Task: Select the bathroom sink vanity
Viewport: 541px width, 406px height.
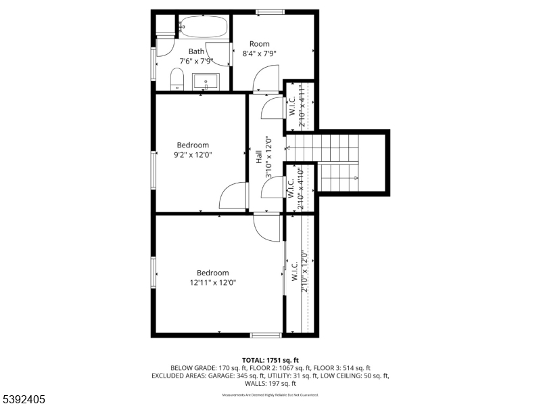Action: tap(205, 83)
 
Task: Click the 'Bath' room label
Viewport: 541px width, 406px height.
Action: tap(196, 51)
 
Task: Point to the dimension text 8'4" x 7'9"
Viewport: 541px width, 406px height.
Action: tap(260, 53)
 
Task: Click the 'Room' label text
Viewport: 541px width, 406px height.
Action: tap(260, 44)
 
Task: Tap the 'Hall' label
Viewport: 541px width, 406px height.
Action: tap(258, 156)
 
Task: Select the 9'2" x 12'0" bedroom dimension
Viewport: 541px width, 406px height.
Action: tap(193, 154)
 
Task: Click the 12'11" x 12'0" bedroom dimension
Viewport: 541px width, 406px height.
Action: tap(213, 283)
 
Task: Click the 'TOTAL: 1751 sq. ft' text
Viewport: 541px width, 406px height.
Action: tap(270, 359)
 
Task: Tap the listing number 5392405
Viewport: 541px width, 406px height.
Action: tap(24, 400)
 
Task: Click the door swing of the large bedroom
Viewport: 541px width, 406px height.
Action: tap(266, 227)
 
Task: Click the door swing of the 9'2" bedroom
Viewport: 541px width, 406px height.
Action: tap(233, 196)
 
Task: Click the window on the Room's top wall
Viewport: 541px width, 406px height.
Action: tap(270, 12)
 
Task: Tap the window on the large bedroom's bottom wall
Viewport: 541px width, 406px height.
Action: tap(266, 334)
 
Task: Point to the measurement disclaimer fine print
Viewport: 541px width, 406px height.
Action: tap(270, 394)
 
